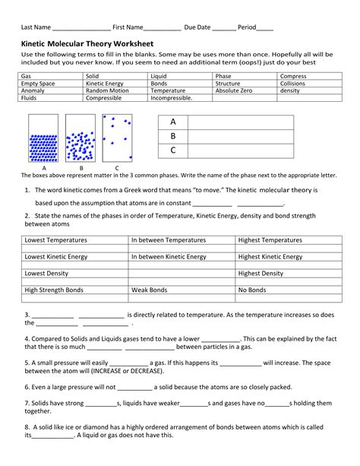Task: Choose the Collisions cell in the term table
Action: click(292, 84)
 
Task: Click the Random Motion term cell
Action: click(106, 90)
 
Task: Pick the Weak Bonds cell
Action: click(150, 290)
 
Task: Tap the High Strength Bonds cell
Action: click(54, 290)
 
